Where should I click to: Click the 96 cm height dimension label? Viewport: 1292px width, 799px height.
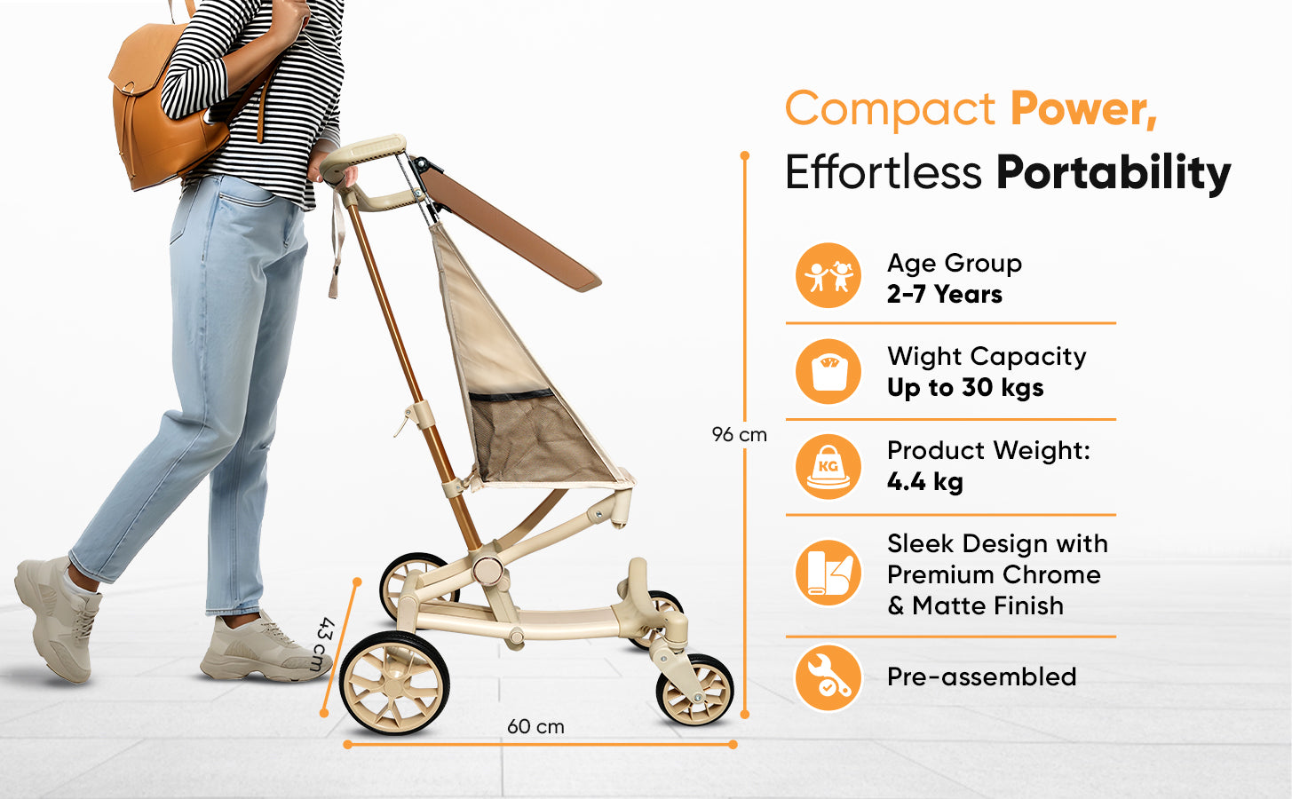click(x=739, y=435)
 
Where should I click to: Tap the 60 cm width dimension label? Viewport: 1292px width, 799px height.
click(x=535, y=727)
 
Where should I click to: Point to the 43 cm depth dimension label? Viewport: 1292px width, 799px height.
click(x=325, y=644)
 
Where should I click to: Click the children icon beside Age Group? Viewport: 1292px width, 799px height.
click(x=828, y=275)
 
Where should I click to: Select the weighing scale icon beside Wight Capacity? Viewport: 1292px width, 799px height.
click(x=828, y=371)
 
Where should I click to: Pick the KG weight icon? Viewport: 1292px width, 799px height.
click(x=828, y=466)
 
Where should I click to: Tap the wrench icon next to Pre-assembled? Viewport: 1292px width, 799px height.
click(x=828, y=677)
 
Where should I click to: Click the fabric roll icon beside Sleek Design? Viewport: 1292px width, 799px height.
click(x=828, y=573)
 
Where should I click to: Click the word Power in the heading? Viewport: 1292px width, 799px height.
click(x=1084, y=108)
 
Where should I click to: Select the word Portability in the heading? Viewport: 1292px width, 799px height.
click(x=1114, y=172)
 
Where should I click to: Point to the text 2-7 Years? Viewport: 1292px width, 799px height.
click(x=945, y=294)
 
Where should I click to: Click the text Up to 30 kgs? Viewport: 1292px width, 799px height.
click(x=965, y=387)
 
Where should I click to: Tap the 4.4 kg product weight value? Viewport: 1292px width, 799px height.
click(x=925, y=481)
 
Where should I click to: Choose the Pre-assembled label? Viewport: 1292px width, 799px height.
click(x=982, y=676)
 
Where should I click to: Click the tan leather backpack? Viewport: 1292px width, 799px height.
click(x=173, y=107)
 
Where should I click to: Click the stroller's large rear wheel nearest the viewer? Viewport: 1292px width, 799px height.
click(x=394, y=683)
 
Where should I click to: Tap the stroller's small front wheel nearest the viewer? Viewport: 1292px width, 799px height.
click(x=695, y=690)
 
